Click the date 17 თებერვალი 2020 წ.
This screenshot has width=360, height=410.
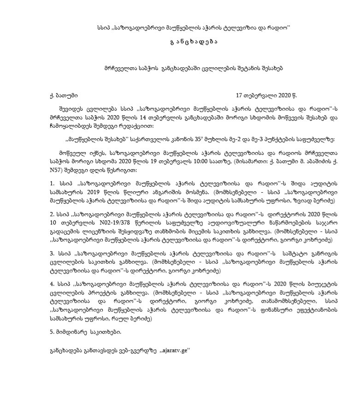coord(266,96)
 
